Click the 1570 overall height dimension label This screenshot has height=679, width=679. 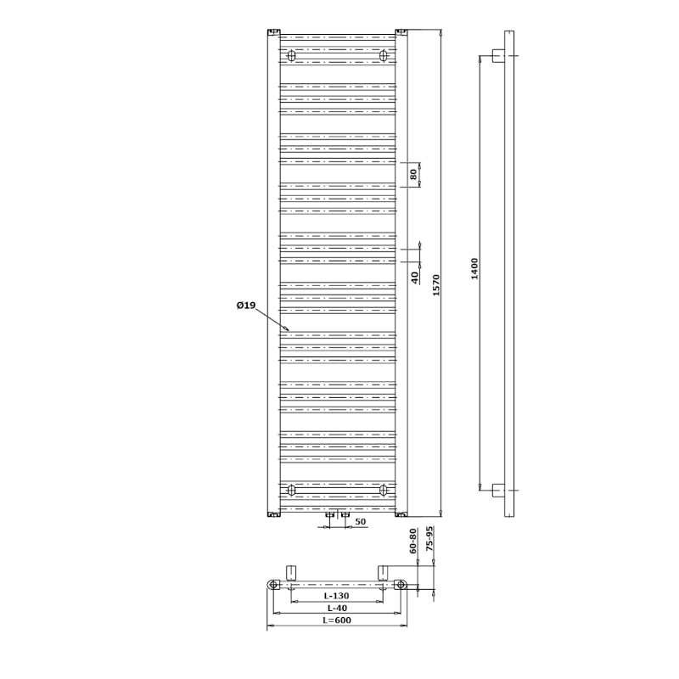click(x=436, y=285)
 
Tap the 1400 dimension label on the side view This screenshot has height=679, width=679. click(x=474, y=269)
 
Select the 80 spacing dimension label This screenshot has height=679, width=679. click(x=413, y=175)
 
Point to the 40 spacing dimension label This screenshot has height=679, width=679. click(x=414, y=278)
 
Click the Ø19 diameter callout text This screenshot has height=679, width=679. click(x=246, y=306)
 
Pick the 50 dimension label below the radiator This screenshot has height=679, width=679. click(x=360, y=522)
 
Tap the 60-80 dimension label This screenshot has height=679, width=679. click(x=412, y=541)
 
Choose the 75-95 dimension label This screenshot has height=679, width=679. click(x=429, y=539)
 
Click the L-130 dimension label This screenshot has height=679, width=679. click(x=336, y=596)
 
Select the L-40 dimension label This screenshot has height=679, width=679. click(x=337, y=608)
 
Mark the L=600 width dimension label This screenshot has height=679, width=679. click(x=337, y=620)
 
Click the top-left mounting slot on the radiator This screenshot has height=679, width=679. click(x=291, y=56)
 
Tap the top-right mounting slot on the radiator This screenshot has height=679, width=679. click(x=384, y=56)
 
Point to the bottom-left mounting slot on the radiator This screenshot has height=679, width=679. click(x=291, y=490)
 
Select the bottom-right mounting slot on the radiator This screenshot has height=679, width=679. click(x=384, y=490)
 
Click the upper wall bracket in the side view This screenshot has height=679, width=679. click(x=498, y=56)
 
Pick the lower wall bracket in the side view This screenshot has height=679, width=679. click(x=498, y=491)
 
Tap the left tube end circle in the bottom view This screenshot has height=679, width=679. click(x=273, y=585)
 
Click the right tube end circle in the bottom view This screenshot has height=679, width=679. click(x=401, y=585)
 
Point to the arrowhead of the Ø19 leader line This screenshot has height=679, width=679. click(x=288, y=330)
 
